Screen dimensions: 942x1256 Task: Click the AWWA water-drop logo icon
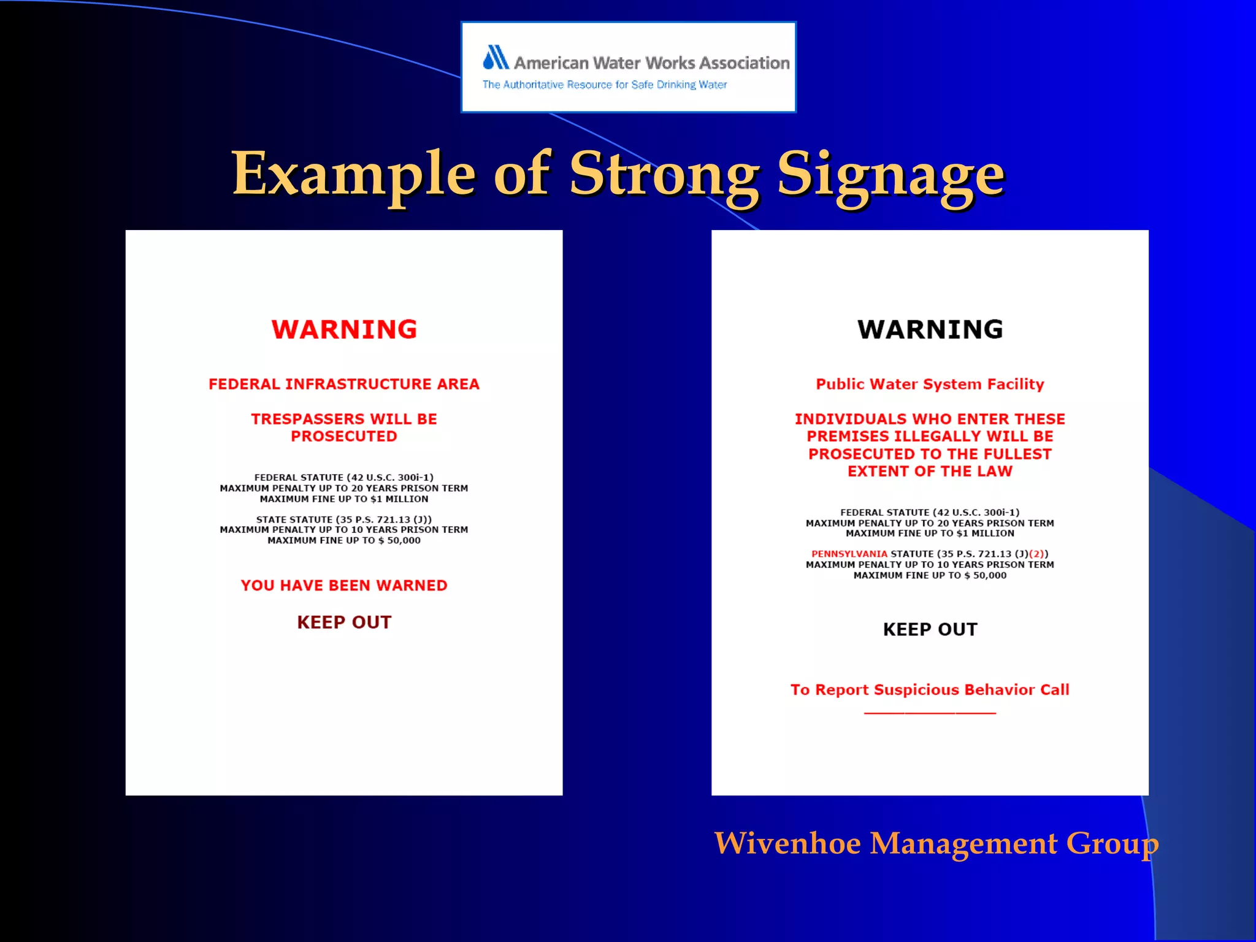496,58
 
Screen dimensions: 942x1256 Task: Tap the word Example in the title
353,175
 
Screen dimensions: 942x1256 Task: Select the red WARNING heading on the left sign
344,329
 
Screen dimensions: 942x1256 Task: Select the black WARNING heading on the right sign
930,329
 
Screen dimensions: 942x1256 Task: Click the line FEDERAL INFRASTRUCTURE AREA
344,384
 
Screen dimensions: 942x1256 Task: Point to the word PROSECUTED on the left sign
344,436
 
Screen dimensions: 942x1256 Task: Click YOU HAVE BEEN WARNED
344,585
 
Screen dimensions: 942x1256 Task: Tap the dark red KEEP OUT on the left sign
344,622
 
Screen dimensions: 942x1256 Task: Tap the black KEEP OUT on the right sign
930,629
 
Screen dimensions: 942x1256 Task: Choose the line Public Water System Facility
930,384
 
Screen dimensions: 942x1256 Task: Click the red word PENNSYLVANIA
849,554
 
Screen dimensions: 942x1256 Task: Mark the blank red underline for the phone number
930,713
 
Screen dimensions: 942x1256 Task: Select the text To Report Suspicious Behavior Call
930,689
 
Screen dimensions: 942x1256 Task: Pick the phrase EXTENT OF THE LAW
930,471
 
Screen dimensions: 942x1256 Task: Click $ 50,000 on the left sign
403,540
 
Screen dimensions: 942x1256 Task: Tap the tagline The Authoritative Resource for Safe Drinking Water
604,85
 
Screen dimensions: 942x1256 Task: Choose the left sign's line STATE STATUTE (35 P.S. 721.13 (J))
344,519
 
